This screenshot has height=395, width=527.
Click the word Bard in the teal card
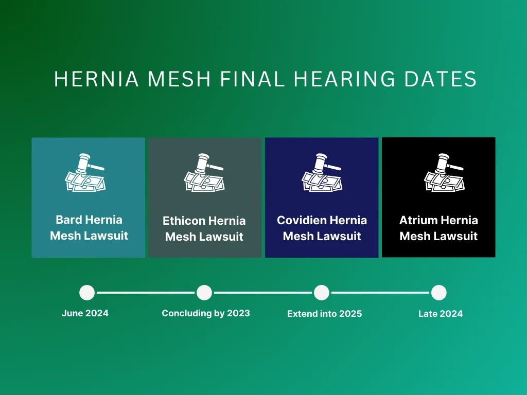click(69, 220)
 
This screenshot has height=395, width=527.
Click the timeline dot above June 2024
click(87, 293)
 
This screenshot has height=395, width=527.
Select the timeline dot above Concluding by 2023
click(204, 293)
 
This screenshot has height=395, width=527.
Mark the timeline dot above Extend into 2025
click(322, 293)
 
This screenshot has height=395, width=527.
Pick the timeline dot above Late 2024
click(438, 293)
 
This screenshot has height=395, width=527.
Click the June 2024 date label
click(85, 313)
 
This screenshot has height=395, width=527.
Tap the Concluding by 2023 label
click(206, 313)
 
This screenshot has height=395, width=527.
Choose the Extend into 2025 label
click(324, 313)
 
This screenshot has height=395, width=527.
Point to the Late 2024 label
click(441, 313)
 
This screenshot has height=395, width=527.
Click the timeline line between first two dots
click(146, 293)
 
